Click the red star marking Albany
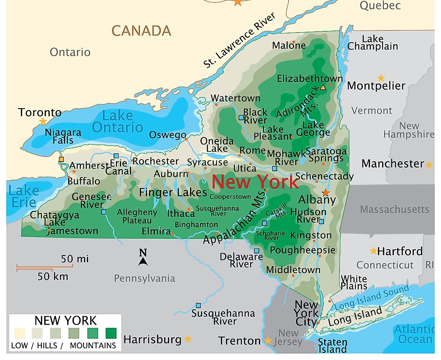326,193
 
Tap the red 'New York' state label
255,182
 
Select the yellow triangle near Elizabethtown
323,88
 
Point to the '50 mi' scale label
75,259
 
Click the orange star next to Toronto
43,122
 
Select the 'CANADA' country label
141,30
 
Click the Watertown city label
235,98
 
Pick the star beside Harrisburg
188,338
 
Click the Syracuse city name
207,162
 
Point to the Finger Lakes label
173,192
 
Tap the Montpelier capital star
381,78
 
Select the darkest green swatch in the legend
111,333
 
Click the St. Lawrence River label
239,41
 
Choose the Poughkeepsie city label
303,250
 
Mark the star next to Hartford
373,251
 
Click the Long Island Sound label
372,298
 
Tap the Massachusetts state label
395,209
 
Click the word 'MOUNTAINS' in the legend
93,345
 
